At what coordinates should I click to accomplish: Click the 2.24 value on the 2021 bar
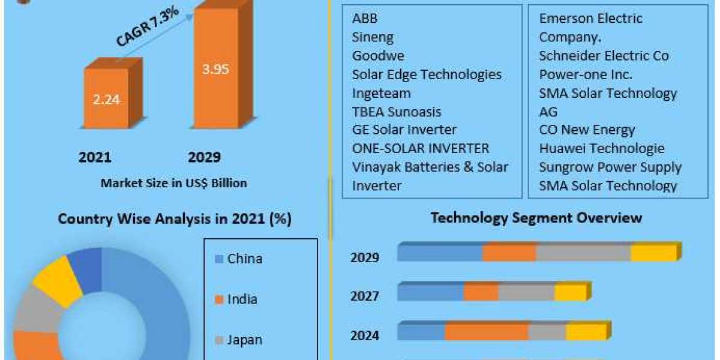(x=106, y=100)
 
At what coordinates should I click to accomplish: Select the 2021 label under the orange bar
(x=95, y=157)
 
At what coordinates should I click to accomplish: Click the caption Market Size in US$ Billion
(x=173, y=183)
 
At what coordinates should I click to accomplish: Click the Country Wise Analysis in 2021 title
(x=175, y=219)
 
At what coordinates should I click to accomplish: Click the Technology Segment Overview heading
(x=536, y=217)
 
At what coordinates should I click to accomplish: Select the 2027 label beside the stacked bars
(x=365, y=296)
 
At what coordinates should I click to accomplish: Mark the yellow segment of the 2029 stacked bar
(x=653, y=253)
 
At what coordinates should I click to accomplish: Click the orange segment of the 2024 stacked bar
(x=486, y=332)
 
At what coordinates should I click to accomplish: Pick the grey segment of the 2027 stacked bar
(x=526, y=293)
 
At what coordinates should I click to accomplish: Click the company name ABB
(x=365, y=19)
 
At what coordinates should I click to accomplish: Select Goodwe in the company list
(x=378, y=56)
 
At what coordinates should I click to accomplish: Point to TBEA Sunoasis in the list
(x=397, y=112)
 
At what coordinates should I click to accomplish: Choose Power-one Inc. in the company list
(x=586, y=74)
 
